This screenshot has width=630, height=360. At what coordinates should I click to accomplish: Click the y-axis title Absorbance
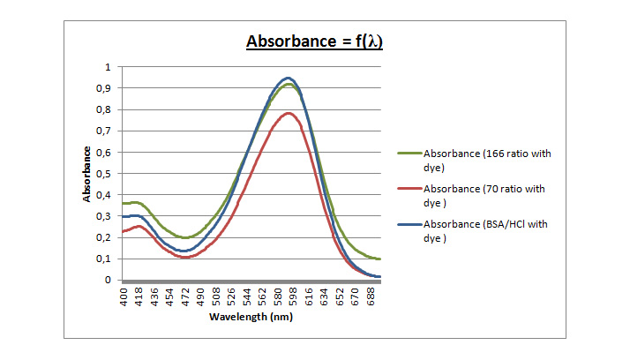tap(86, 173)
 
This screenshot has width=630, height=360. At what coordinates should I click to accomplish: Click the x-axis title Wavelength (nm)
tap(251, 316)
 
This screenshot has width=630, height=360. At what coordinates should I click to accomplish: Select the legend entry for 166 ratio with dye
tap(486, 160)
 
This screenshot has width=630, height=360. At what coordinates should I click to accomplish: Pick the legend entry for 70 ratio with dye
tap(486, 195)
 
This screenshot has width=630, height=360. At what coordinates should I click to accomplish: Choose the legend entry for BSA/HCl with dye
tap(485, 230)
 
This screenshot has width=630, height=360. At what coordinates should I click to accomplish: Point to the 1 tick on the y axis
tap(108, 67)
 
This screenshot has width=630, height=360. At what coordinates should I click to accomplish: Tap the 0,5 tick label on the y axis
tap(104, 174)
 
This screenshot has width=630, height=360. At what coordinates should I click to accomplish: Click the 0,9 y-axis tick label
tap(104, 88)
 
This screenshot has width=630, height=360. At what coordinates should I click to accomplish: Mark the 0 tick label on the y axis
tap(108, 281)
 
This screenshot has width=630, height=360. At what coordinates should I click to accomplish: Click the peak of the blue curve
tap(288, 78)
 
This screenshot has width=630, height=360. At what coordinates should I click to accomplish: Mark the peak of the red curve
tap(288, 113)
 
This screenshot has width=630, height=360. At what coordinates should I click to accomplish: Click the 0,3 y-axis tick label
tap(104, 216)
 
